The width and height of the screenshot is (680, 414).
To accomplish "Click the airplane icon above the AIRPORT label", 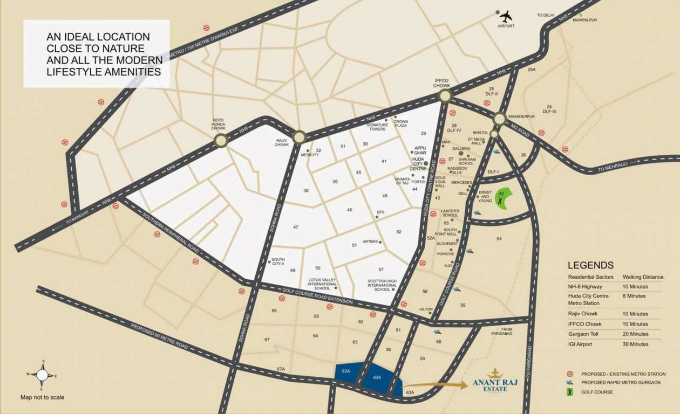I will point(506,16).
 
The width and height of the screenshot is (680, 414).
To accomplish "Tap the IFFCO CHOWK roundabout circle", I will point(445,96).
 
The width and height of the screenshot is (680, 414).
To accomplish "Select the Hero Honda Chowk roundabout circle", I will point(220,141).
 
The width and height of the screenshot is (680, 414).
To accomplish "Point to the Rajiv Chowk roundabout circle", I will point(300,137).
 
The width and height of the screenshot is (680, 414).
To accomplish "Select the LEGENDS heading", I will point(590,265).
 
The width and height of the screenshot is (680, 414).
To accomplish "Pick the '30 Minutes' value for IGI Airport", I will point(635,344).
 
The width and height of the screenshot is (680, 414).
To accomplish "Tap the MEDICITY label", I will point(310,155).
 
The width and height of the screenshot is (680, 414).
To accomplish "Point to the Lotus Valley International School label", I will point(322,284).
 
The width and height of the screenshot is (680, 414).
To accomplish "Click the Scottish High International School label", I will point(382,285).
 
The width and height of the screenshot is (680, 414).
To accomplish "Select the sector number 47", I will point(296,227).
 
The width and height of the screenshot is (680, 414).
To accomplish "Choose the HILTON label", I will point(426,309).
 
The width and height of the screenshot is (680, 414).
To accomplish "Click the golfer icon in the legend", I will point(569,392).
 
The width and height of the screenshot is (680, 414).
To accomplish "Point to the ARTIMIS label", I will point(370,241).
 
